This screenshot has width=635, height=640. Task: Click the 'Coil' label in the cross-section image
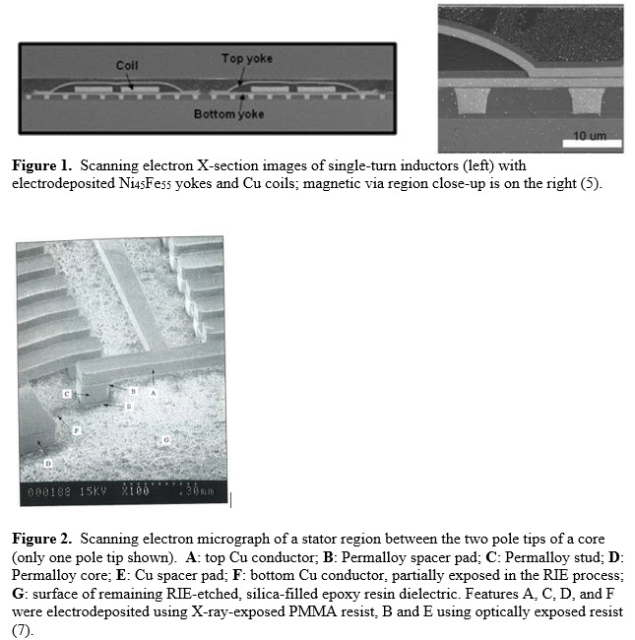tap(127, 66)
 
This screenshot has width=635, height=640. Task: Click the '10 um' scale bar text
tap(590, 135)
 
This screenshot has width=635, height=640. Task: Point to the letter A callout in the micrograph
tap(154, 391)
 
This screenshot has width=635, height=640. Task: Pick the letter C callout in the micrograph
tap(68, 394)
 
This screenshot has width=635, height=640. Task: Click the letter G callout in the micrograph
tap(166, 439)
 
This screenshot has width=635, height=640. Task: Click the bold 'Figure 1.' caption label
tap(42, 165)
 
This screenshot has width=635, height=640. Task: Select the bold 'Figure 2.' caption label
tap(42, 539)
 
